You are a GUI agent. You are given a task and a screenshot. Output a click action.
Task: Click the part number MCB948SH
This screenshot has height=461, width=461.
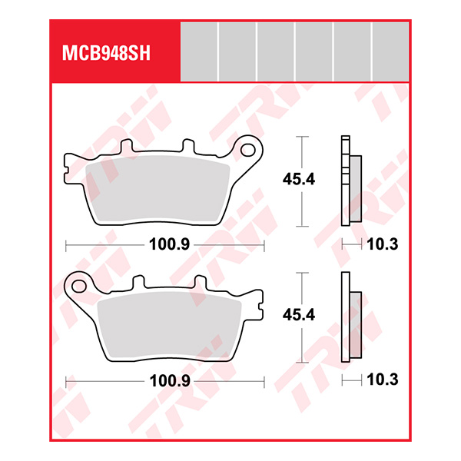pos(104,54)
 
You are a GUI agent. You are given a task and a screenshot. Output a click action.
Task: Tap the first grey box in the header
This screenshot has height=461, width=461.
pos(199,51)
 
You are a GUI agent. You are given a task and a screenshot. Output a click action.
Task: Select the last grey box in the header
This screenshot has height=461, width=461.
pos(390,51)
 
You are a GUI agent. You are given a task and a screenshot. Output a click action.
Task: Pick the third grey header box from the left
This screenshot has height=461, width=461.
pos(275,51)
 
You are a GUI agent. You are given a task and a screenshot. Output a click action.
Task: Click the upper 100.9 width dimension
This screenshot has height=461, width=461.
pos(165,245)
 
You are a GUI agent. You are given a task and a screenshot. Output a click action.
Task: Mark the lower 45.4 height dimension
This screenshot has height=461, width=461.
pos(296,315)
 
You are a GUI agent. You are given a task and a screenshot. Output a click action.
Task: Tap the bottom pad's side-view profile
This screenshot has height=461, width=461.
pos(347,317)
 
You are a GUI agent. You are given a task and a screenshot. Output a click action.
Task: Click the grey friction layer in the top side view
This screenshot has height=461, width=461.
pos(356,188)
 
